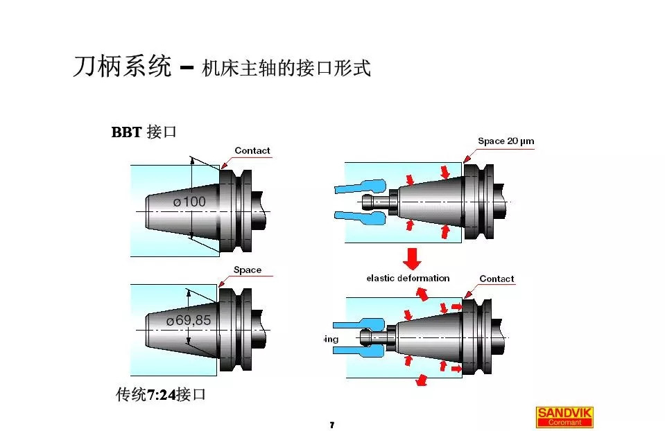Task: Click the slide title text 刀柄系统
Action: pos(121,67)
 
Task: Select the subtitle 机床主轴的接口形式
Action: pos(286,69)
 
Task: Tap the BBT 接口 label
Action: pos(144,132)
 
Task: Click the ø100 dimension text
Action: pos(189,202)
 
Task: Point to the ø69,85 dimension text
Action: pos(188,321)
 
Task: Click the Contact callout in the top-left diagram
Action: pos(252,150)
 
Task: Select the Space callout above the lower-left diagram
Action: pos(247,270)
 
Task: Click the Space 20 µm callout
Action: pos(506,141)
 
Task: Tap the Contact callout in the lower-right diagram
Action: pos(496,279)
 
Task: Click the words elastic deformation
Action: pos(408,278)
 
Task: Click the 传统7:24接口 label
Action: pos(161,395)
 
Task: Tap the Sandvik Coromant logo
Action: pos(564,416)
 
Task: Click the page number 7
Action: pos(332,425)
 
